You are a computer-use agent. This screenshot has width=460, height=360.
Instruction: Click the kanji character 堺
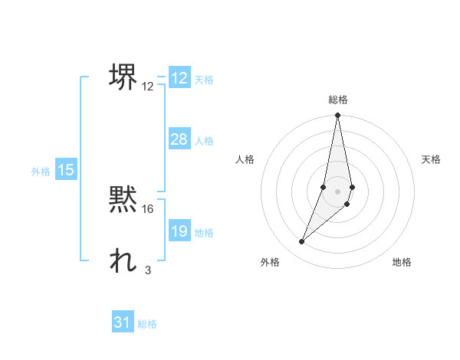123,76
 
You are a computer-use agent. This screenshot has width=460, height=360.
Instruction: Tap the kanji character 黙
123,199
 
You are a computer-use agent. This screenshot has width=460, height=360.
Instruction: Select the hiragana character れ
123,260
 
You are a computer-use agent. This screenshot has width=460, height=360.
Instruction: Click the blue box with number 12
179,78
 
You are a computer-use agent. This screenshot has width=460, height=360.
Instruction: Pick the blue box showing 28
179,139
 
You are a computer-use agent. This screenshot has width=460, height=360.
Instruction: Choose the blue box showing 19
179,231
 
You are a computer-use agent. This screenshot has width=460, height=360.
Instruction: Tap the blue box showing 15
66,170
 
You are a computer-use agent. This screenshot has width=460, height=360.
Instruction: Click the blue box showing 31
123,322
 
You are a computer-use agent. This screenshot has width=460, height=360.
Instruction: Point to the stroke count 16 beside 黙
148,208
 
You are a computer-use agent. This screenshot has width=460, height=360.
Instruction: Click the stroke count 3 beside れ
148,269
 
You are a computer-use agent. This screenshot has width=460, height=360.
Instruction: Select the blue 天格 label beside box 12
204,80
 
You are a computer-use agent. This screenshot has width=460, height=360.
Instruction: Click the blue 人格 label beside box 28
204,141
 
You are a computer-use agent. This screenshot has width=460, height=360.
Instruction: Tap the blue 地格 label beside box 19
204,233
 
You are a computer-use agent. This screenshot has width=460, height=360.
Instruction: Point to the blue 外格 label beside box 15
41,172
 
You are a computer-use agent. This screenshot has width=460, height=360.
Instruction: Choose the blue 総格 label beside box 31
147,324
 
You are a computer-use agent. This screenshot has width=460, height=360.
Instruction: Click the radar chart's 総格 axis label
338,100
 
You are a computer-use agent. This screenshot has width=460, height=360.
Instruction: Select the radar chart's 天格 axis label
432,159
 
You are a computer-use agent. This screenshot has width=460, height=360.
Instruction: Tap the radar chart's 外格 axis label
270,262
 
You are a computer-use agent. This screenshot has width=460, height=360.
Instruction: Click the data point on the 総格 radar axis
338,116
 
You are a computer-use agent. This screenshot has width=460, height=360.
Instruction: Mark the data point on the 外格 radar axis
302,242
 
